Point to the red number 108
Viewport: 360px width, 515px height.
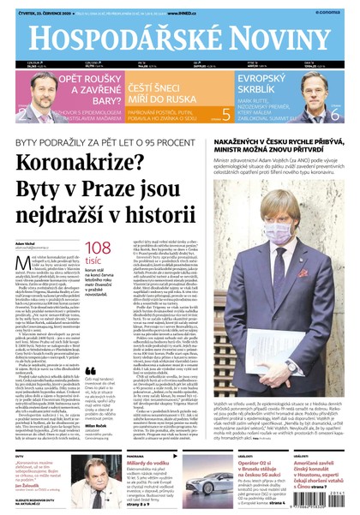97,248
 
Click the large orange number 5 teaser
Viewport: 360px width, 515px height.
225,113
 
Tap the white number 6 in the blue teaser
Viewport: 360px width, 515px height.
333,113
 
